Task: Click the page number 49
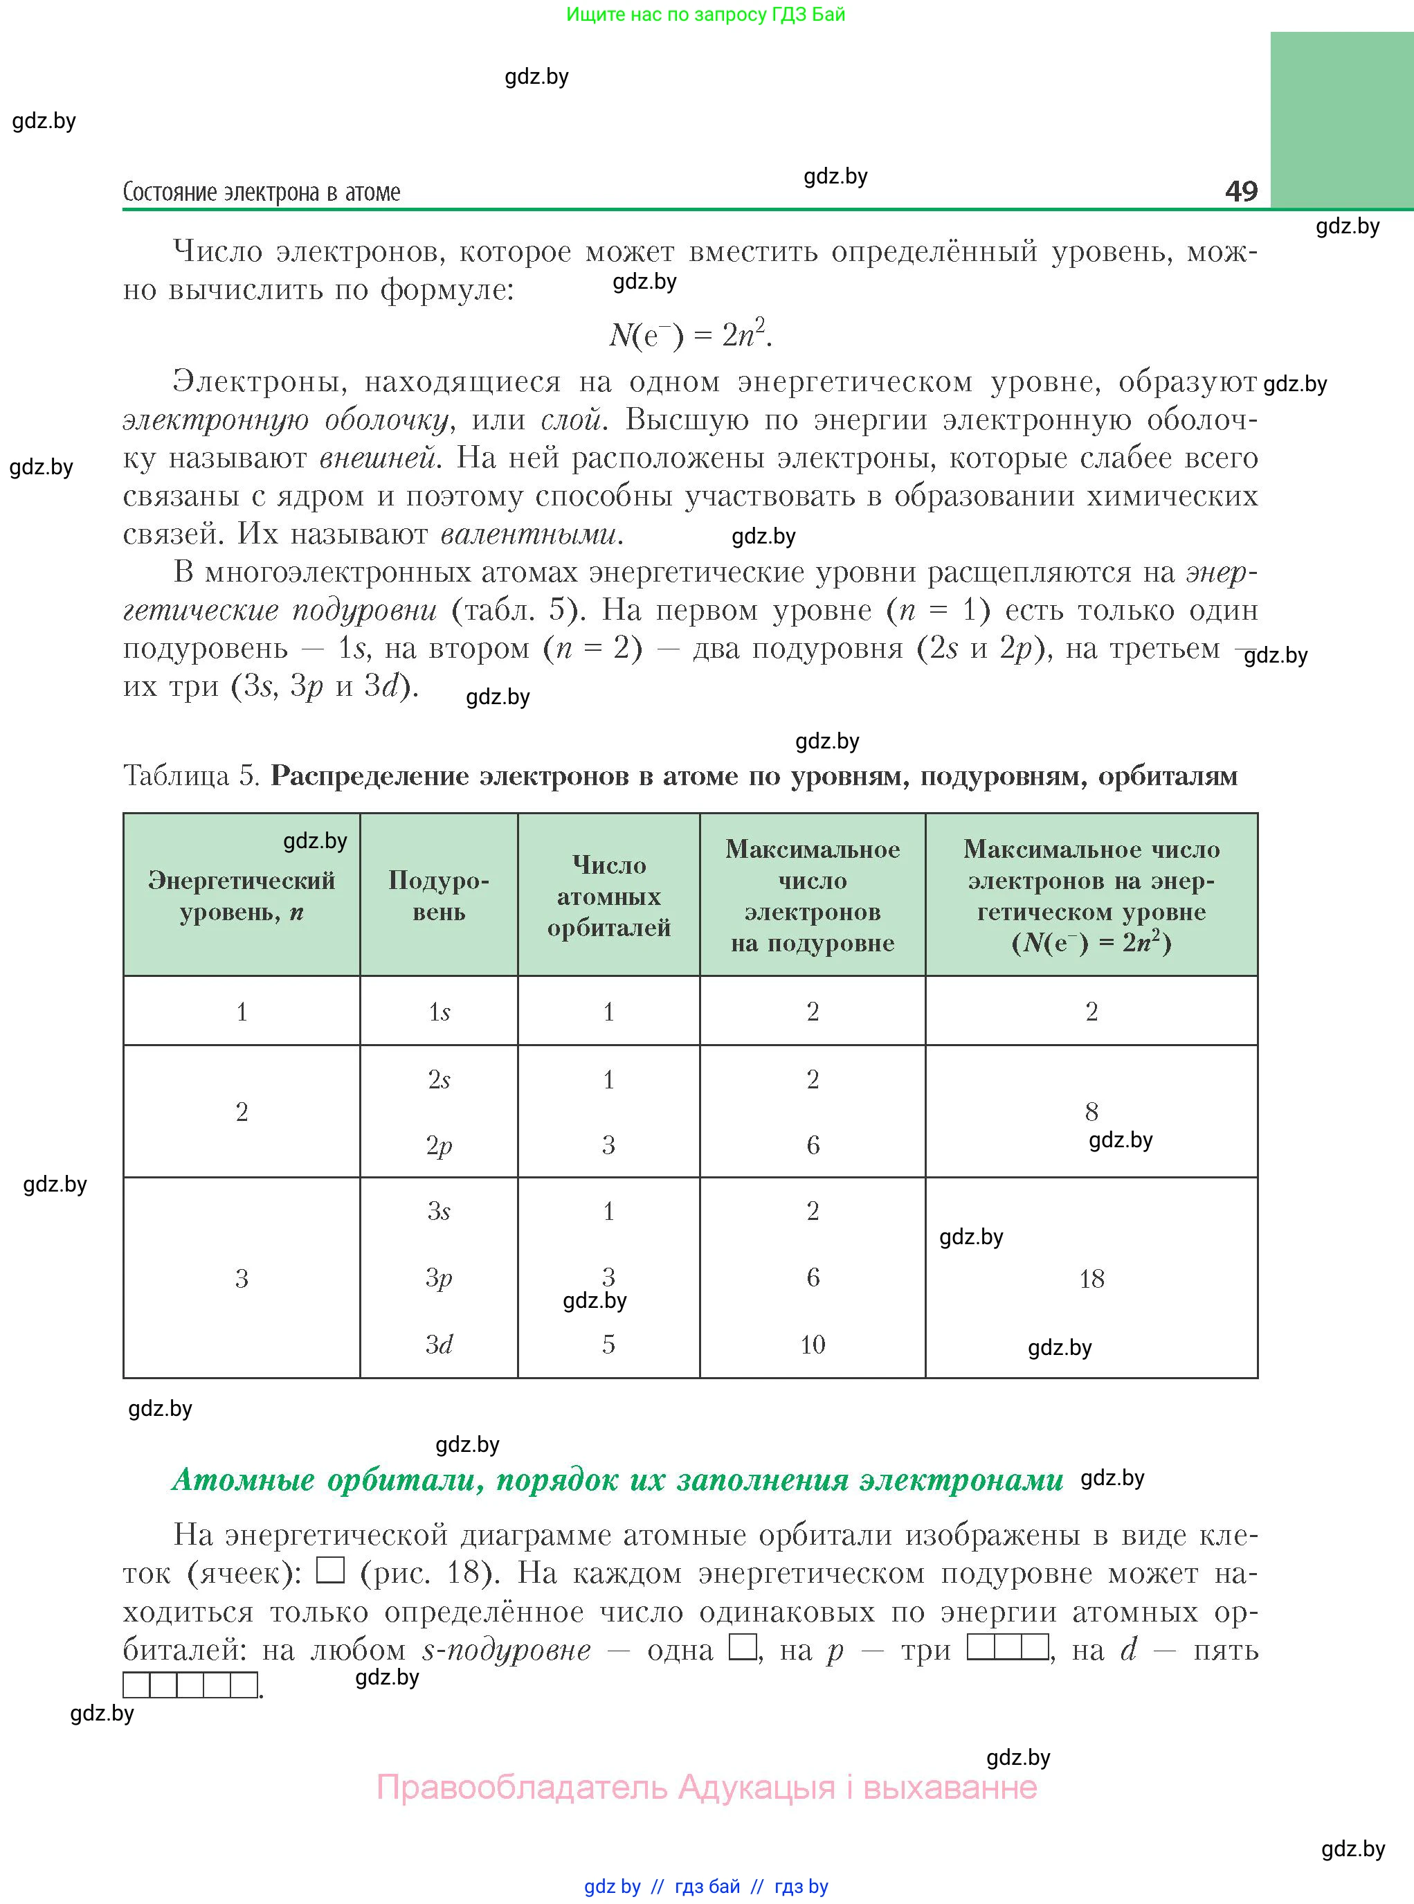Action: [1240, 190]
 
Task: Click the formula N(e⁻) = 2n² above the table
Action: [690, 334]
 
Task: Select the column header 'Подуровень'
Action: [438, 895]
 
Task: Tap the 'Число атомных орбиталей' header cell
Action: [608, 895]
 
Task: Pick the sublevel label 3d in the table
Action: [438, 1344]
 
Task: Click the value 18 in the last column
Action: [1091, 1279]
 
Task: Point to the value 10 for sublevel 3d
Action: [813, 1344]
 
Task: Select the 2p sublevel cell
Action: [438, 1145]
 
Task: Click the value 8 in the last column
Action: [1091, 1111]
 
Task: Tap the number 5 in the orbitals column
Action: [608, 1344]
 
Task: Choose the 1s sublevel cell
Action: [438, 1012]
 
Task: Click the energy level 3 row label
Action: [242, 1278]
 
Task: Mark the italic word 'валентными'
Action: [531, 535]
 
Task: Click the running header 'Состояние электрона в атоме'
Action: [261, 192]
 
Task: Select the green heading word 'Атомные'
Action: [243, 1480]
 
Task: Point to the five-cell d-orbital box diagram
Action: [190, 1685]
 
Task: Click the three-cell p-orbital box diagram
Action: [1008, 1646]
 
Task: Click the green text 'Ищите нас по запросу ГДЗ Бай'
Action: [705, 15]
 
